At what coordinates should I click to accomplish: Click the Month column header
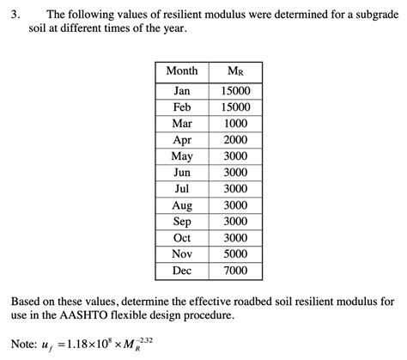(x=181, y=71)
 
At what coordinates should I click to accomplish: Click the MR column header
(x=234, y=71)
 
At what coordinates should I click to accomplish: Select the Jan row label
(x=181, y=91)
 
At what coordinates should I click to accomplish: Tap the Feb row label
(x=181, y=107)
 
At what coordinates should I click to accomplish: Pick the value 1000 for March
(x=234, y=124)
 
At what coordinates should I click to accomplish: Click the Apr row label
(x=181, y=140)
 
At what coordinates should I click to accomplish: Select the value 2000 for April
(x=234, y=140)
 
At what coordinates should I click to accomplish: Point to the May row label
(x=181, y=156)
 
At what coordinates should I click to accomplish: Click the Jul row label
(x=181, y=189)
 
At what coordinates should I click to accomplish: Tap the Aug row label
(x=181, y=205)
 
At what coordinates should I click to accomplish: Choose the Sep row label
(x=181, y=222)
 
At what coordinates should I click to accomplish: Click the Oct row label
(x=181, y=238)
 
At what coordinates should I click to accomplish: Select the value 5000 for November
(x=234, y=254)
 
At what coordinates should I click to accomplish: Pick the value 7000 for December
(x=234, y=271)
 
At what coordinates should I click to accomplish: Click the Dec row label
(x=181, y=271)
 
